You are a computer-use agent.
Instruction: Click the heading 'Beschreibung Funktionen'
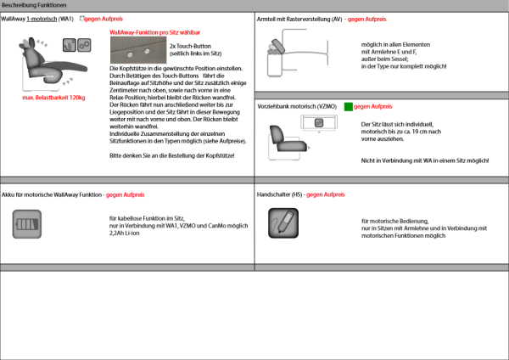click(30, 5)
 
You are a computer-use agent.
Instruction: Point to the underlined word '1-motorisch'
click(41, 18)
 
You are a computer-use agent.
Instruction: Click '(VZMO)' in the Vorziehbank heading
click(328, 106)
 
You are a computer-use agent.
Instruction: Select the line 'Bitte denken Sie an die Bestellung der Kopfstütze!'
click(172, 156)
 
